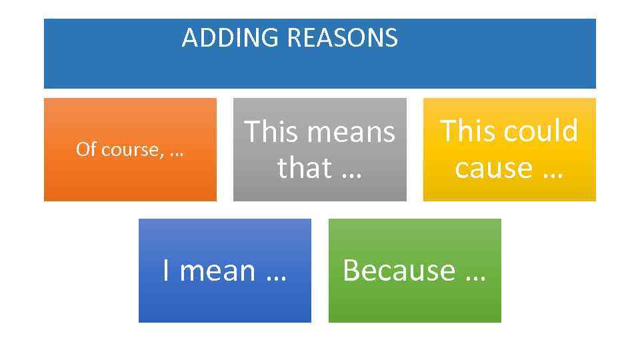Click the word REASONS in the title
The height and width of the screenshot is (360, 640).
tap(342, 38)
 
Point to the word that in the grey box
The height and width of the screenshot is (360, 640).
tap(303, 167)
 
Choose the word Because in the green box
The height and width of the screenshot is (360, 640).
tap(399, 271)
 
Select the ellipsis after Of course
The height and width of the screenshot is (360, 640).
tap(177, 154)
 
